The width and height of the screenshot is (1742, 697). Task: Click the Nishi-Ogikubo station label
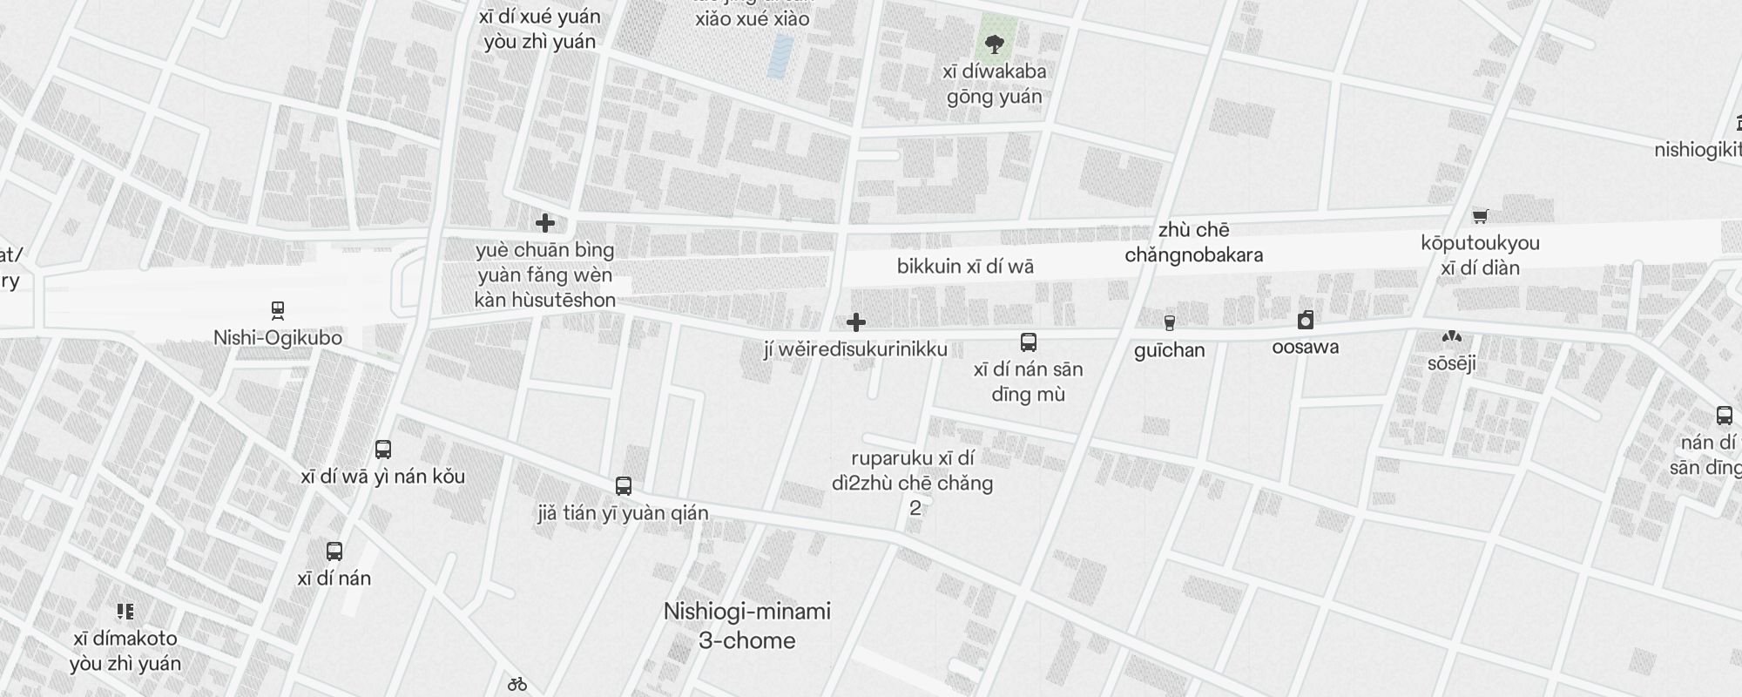coord(278,338)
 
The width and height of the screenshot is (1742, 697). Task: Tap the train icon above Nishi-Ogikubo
coord(278,310)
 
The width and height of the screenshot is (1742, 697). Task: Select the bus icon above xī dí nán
coord(334,551)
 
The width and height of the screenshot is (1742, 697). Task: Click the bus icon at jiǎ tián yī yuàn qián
coord(623,485)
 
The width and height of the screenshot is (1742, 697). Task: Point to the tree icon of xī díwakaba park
coord(994,44)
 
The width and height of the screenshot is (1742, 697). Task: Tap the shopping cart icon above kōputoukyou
coord(1480,216)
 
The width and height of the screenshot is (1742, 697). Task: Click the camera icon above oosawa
coord(1305,320)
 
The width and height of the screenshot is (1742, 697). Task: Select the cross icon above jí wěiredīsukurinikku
coord(856,322)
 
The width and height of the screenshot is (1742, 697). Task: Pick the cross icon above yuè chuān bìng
coord(545,223)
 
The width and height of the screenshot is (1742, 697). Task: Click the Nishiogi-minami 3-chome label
coord(747,626)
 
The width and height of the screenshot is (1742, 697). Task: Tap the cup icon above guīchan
coord(1169,323)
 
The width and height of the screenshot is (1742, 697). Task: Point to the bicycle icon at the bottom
coord(517,684)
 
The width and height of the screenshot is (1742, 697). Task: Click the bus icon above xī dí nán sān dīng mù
coord(1029,342)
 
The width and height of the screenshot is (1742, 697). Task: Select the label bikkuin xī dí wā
coord(965,267)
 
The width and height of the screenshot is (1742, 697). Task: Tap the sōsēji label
coord(1451,363)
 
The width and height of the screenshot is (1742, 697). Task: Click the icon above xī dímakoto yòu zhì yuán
coord(125,611)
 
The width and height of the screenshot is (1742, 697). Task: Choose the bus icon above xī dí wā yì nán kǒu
coord(383,450)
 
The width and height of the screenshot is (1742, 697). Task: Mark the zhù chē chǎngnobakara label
coord(1193,242)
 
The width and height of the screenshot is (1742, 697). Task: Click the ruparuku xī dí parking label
coord(913,471)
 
